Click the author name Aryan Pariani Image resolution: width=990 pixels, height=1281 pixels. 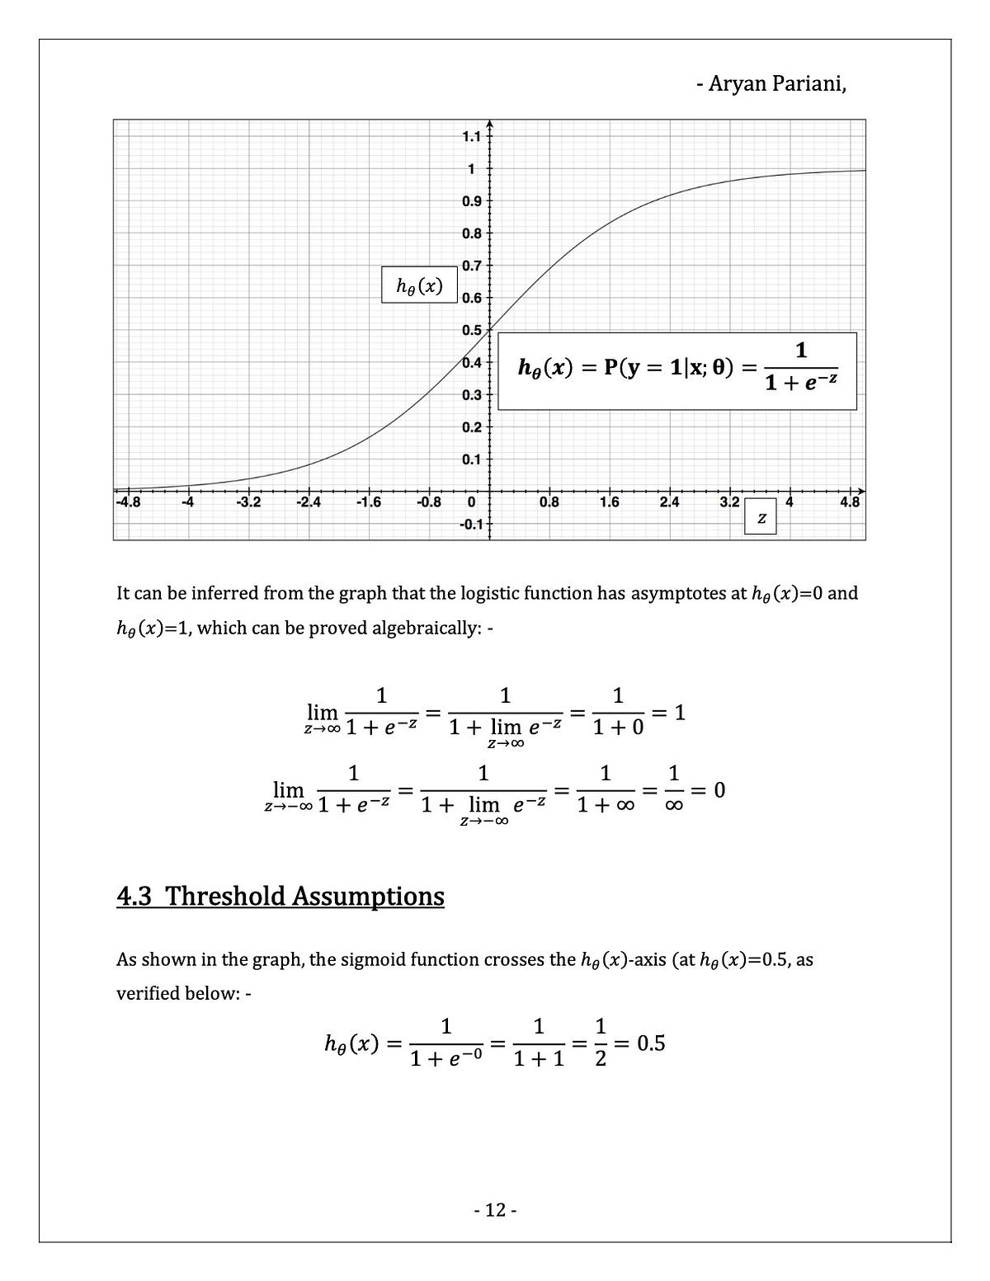coord(771,83)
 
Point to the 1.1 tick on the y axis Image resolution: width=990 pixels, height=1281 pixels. coord(470,137)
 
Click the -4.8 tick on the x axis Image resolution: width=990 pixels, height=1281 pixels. coord(128,502)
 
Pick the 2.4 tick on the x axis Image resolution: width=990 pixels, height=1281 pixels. coord(670,502)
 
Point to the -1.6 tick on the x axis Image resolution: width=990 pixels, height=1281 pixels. coord(368,502)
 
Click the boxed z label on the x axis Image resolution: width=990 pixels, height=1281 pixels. coord(761,518)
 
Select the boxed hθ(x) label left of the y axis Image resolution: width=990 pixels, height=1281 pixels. coord(419,285)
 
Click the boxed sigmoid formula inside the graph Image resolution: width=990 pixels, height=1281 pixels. coord(678,370)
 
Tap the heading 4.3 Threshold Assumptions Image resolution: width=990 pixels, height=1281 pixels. coord(280,896)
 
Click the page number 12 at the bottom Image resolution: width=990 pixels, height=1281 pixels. coord(495,1210)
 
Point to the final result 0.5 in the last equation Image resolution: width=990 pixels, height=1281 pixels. coord(651,1043)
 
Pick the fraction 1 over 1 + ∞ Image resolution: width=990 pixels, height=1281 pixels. coord(606,790)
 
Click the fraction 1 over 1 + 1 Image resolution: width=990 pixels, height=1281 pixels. coord(538,1043)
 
